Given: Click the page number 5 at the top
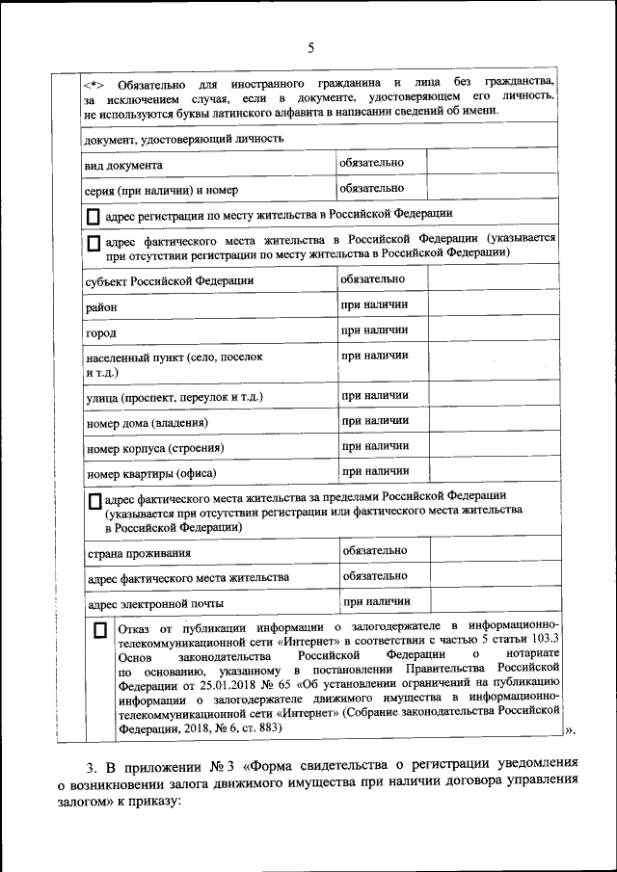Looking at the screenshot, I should pyautogui.click(x=310, y=48).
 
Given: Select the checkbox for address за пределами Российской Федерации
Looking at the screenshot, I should pyautogui.click(x=94, y=501).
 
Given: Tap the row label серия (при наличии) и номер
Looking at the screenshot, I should pyautogui.click(x=154, y=190).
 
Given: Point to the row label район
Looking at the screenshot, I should pyautogui.click(x=101, y=307).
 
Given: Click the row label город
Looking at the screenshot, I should pyautogui.click(x=100, y=333).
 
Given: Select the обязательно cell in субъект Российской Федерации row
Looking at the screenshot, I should pyautogui.click(x=372, y=278).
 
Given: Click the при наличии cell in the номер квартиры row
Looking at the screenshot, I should pyautogui.click(x=374, y=471).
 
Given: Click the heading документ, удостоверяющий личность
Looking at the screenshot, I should pyautogui.click(x=183, y=139).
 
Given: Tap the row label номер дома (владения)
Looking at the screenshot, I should pyautogui.click(x=148, y=423).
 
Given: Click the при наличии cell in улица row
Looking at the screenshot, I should pyautogui.click(x=374, y=395).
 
